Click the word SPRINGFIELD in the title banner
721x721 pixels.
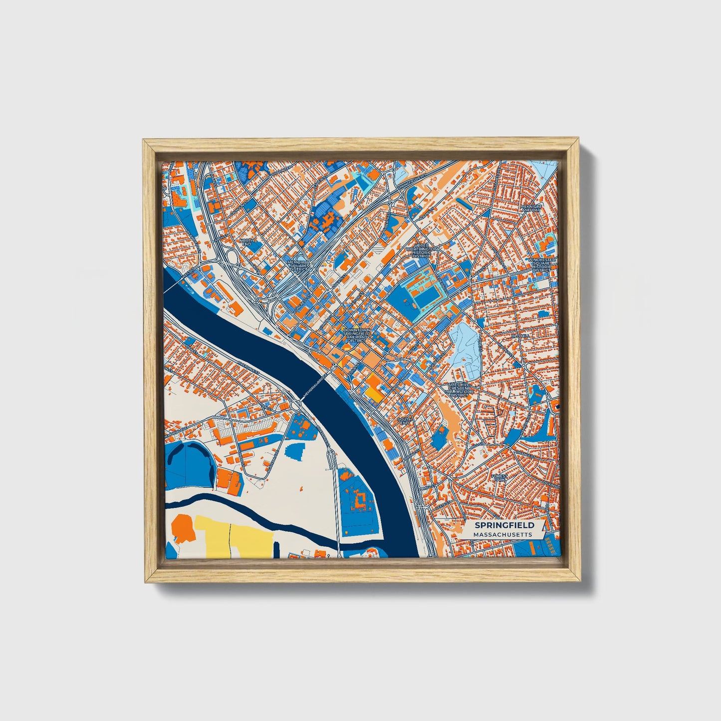[x=504, y=525]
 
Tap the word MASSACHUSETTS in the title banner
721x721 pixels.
[x=502, y=534]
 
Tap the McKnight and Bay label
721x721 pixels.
[x=530, y=209]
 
